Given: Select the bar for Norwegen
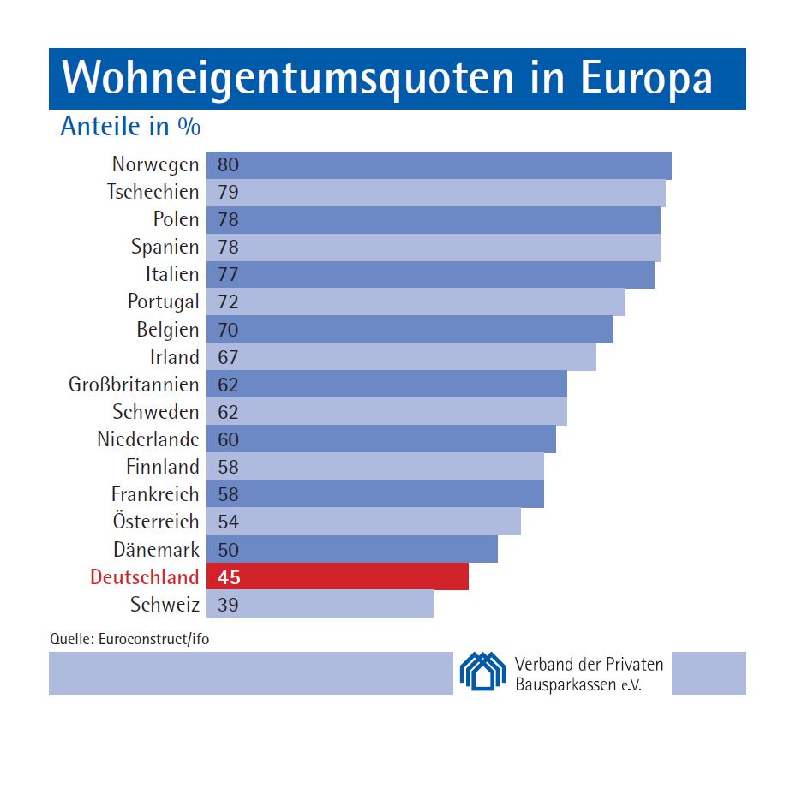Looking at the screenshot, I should pyautogui.click(x=439, y=165).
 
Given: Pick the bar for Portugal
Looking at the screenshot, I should pyautogui.click(x=416, y=302).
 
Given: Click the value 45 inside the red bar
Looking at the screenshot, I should pyautogui.click(x=229, y=577).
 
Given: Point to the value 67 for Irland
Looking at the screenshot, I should pyautogui.click(x=228, y=357).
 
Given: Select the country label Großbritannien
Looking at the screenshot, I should pyautogui.click(x=134, y=385).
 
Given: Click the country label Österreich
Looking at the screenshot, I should pyautogui.click(x=155, y=522).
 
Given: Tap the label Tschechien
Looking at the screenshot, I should pyautogui.click(x=153, y=192).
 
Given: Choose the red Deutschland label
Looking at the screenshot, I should pyautogui.click(x=144, y=576).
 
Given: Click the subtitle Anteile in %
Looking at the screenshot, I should pyautogui.click(x=130, y=127).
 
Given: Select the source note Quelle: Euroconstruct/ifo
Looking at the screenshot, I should pyautogui.click(x=129, y=638).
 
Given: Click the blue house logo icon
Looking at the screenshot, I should pyautogui.click(x=482, y=671).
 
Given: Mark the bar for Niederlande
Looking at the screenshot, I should pyautogui.click(x=381, y=439).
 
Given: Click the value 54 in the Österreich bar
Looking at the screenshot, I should pyautogui.click(x=228, y=522).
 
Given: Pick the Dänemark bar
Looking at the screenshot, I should pyautogui.click(x=352, y=549).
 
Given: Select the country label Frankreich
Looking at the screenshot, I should pyautogui.click(x=155, y=494).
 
